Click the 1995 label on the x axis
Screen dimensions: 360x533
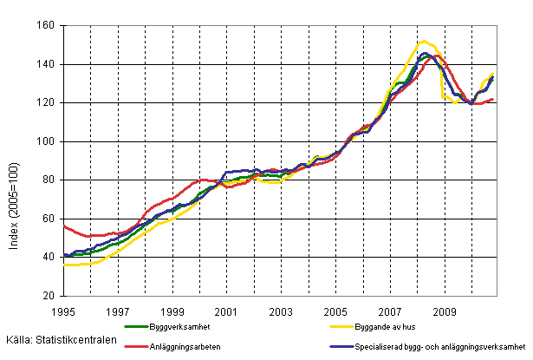click(64, 310)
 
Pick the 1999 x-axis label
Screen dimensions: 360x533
click(172, 310)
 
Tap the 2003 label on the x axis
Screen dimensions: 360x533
click(281, 310)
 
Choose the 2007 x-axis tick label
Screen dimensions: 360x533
click(389, 310)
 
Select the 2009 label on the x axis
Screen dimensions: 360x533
click(444, 310)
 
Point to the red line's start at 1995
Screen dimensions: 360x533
click(65, 226)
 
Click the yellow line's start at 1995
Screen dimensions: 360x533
click(65, 265)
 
